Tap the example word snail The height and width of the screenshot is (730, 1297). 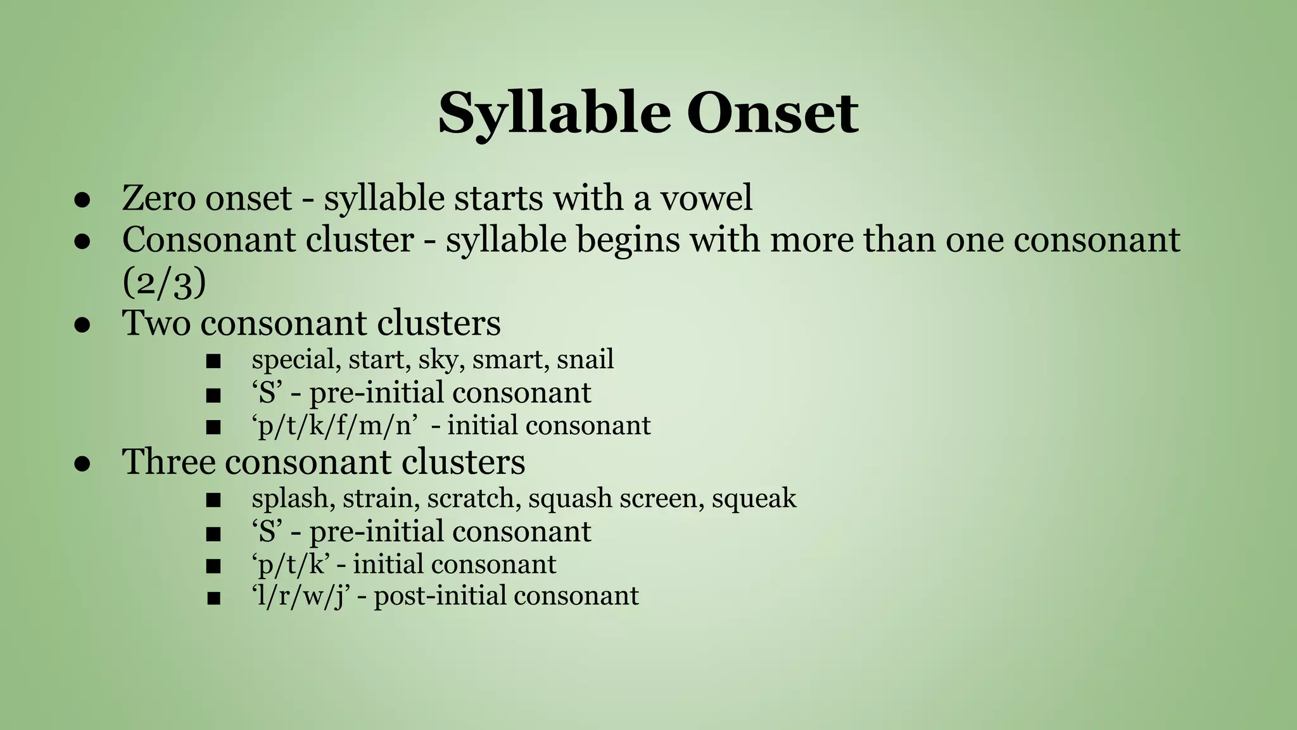(x=585, y=360)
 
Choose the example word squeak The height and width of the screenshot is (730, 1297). (x=754, y=498)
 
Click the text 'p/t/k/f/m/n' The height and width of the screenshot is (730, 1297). (x=336, y=425)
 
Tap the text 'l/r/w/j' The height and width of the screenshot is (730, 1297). (x=301, y=596)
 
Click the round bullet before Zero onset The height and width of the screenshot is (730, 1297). (x=80, y=199)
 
